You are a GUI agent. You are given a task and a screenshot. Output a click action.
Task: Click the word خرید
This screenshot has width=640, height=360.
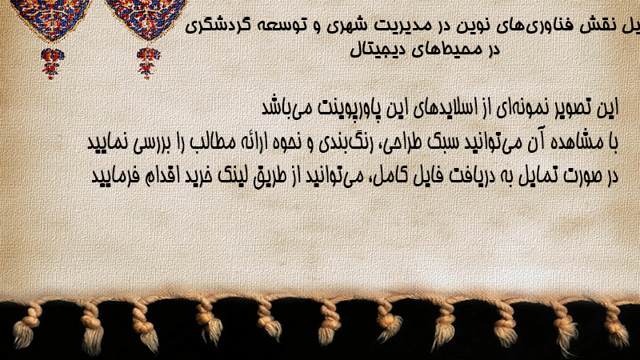198,176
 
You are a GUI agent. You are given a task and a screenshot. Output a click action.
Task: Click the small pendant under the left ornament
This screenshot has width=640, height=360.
52,63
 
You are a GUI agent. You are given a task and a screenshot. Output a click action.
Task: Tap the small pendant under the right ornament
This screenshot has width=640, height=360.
148,62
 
